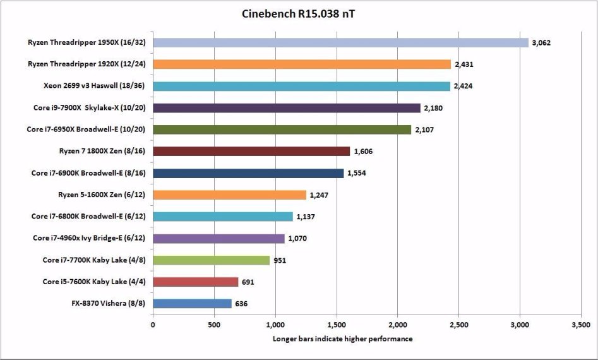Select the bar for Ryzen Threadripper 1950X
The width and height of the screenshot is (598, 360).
(x=340, y=42)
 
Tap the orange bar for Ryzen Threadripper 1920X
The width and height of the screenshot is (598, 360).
(x=302, y=64)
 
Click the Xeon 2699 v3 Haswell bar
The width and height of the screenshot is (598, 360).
(x=301, y=86)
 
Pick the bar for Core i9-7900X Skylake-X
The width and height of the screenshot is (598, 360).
(x=286, y=108)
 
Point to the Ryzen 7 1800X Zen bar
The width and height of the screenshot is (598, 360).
(x=251, y=151)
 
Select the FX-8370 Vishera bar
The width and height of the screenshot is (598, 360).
(x=192, y=303)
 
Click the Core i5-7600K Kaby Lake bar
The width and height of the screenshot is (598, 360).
(x=195, y=282)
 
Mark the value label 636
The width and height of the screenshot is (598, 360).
(x=241, y=304)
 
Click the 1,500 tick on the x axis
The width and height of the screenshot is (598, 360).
(x=336, y=325)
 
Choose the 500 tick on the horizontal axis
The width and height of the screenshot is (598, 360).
(x=213, y=325)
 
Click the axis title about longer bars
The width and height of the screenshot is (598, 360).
(x=342, y=339)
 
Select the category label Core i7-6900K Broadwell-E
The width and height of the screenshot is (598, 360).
(x=88, y=173)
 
